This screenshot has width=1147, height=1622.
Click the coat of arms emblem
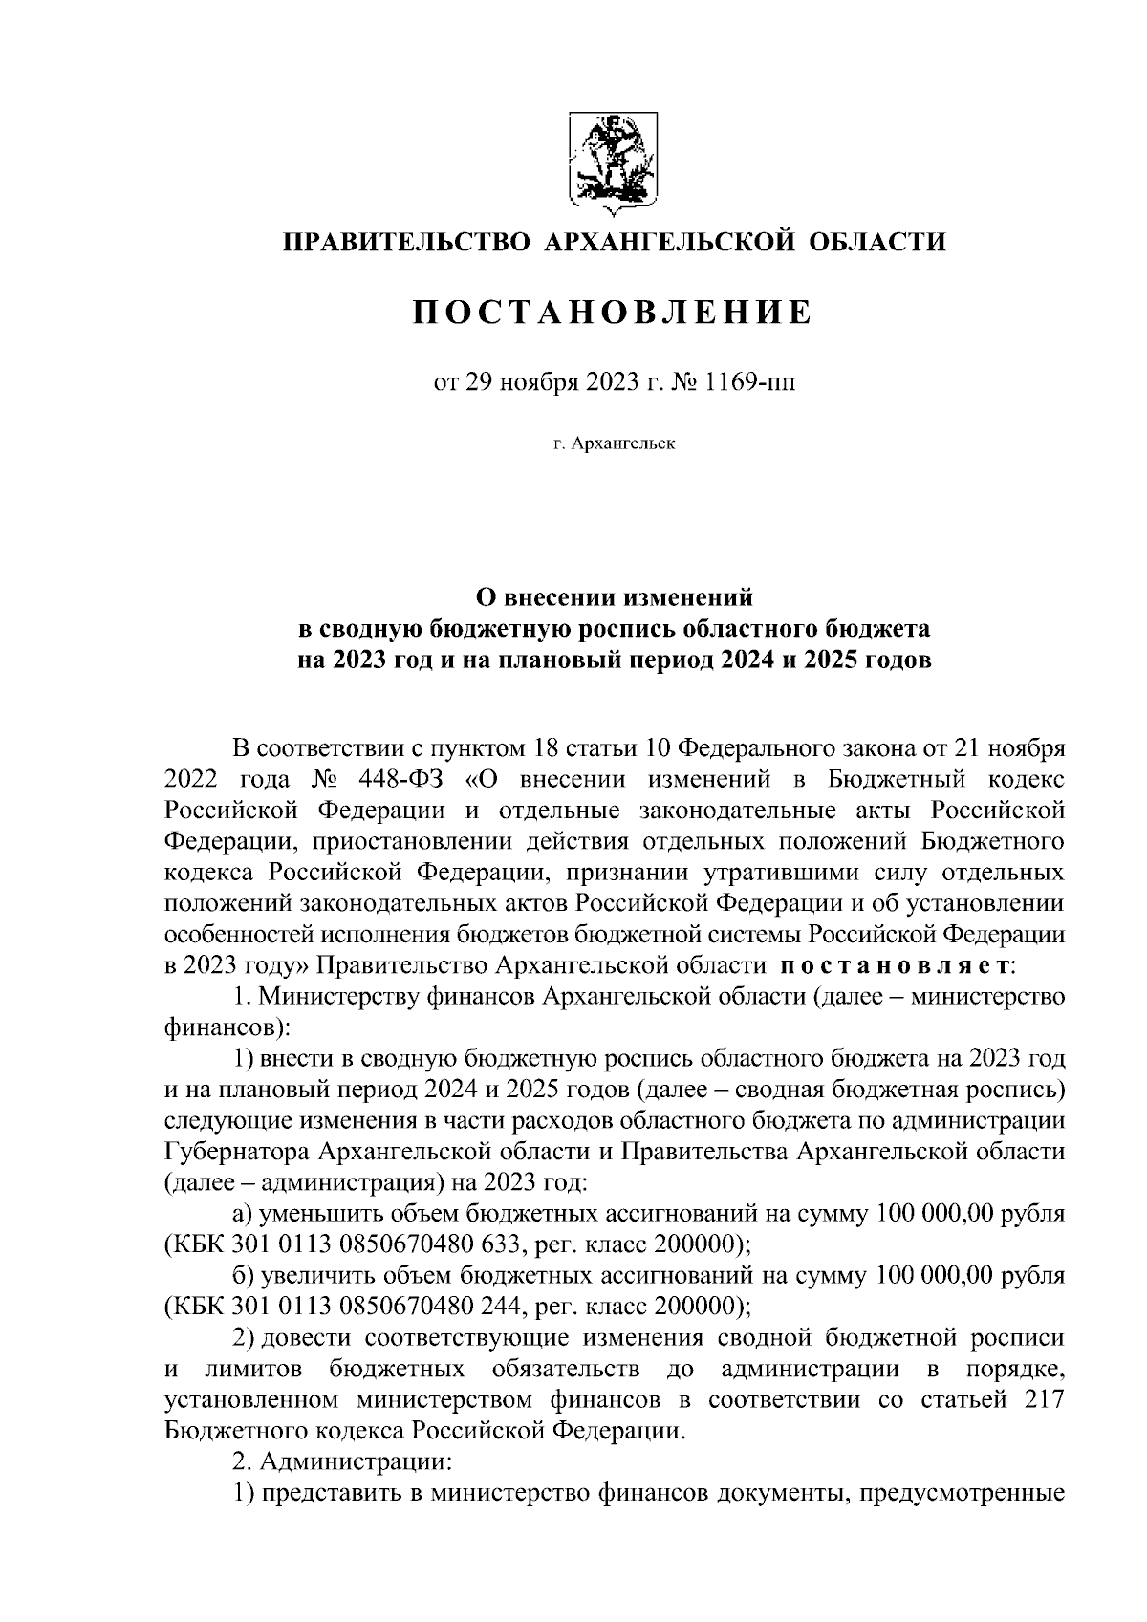click(611, 160)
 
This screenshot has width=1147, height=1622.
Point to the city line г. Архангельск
click(613, 444)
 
